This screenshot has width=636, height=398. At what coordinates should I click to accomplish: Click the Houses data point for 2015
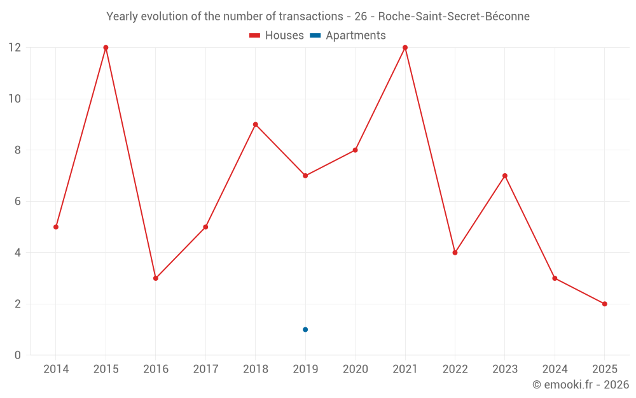pos(106,48)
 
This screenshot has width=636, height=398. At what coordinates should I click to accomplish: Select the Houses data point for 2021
pos(405,48)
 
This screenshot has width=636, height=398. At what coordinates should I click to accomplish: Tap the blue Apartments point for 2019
pos(305,329)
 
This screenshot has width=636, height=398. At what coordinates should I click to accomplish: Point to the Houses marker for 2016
pos(156,278)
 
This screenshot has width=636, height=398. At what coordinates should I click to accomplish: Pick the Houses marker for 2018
pos(256,125)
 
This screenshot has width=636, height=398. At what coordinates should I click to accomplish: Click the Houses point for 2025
pos(604,304)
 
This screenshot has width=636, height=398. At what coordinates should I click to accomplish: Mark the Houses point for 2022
pos(455,253)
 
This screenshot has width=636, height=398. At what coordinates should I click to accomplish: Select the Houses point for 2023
pos(505,176)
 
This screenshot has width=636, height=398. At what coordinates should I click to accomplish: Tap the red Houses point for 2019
pos(305,176)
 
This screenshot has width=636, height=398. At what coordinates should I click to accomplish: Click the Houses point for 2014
pos(56,227)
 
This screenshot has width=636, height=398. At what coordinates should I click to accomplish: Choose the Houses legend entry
pos(277,36)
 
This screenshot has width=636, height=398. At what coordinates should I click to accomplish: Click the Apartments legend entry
pos(348,36)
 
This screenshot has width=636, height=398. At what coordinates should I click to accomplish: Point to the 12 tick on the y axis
pos(14,48)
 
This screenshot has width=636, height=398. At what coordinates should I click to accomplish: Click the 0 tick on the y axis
pos(17,355)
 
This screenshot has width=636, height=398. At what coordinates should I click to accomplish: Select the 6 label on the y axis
pos(17,201)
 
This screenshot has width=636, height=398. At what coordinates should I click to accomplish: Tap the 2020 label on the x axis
pos(355,369)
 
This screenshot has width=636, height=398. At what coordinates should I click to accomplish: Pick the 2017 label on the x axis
pos(205,369)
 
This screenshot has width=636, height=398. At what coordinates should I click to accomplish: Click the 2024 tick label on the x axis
pos(555,369)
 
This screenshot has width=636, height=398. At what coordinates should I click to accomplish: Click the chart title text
pos(318,17)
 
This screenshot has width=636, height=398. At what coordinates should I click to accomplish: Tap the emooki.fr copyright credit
pos(581,385)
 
